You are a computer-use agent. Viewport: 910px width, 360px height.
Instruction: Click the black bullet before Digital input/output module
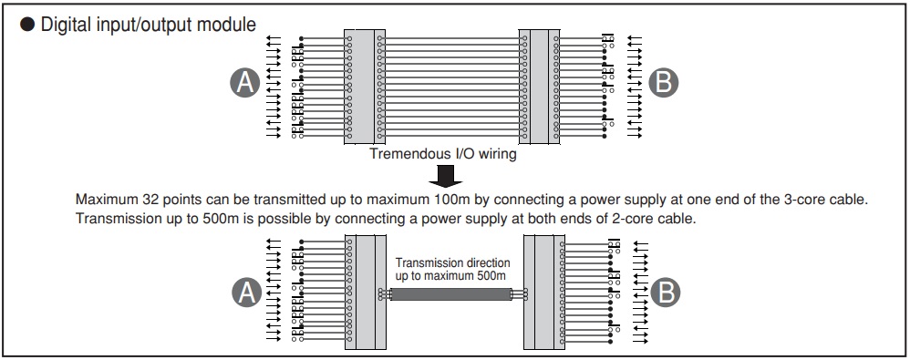click(28, 25)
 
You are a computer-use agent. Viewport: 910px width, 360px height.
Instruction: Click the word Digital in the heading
click(63, 25)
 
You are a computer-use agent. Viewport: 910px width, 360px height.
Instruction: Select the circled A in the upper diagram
click(245, 83)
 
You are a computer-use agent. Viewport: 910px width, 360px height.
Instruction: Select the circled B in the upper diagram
click(663, 83)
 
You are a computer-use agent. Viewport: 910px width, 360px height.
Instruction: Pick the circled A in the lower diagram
click(246, 293)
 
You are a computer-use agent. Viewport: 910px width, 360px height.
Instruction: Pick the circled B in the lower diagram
click(665, 293)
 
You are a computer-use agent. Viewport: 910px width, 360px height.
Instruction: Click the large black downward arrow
click(446, 176)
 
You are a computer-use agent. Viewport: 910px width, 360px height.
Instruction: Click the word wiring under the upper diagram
click(496, 155)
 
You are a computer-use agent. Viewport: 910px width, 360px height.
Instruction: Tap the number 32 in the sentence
click(150, 200)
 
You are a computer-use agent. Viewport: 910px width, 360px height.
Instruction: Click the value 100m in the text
click(454, 200)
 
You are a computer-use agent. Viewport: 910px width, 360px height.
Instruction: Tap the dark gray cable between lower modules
click(450, 294)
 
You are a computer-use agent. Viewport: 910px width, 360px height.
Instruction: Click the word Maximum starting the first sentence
click(107, 200)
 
